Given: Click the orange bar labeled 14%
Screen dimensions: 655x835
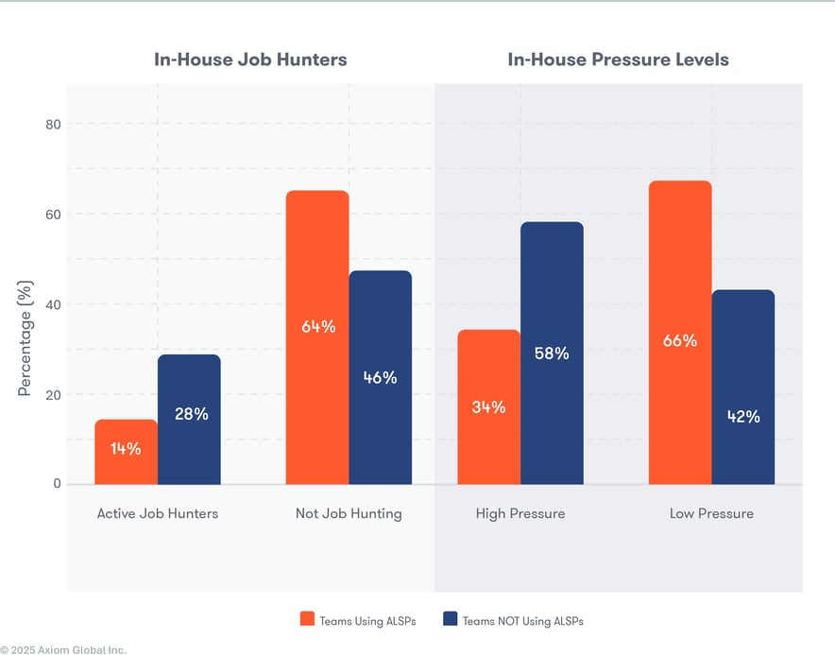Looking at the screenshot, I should click(x=126, y=452).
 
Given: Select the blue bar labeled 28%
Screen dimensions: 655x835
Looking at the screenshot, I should click(x=189, y=419).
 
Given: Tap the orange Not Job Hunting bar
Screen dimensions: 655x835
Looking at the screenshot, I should click(x=317, y=337).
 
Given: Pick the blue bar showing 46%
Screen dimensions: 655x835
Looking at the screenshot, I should click(x=381, y=377).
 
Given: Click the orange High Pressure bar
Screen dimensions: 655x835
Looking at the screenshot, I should click(x=488, y=406).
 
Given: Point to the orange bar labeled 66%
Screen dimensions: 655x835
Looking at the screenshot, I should click(x=680, y=332).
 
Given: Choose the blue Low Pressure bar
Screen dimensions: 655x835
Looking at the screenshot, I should click(x=743, y=387).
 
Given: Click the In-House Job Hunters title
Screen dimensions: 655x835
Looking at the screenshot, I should click(x=250, y=60).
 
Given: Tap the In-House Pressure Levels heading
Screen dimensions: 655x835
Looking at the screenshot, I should click(x=618, y=60).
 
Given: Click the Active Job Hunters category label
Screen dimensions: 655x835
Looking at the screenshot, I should click(x=157, y=514).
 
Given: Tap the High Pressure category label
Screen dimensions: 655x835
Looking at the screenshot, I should click(x=520, y=514).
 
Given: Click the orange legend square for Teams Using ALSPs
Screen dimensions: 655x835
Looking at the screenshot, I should click(x=307, y=619).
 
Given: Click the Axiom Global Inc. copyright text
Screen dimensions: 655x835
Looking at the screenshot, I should click(x=63, y=649).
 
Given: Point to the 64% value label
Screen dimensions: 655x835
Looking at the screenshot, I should click(x=318, y=327).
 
